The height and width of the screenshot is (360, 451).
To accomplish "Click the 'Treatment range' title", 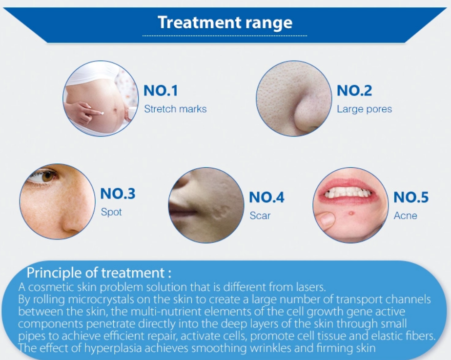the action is coord(225,23).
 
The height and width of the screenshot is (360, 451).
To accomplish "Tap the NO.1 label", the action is coord(161,91).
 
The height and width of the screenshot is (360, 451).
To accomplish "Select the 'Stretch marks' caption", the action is coord(175,109).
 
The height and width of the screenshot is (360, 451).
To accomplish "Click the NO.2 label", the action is coord(354,91).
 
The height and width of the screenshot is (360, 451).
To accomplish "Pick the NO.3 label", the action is coord(118,194).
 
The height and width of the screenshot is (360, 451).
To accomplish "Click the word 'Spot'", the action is coord(111,213).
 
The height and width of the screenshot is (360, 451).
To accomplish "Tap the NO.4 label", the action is coord(266,197).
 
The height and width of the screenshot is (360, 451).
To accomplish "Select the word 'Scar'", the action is coord(260,216).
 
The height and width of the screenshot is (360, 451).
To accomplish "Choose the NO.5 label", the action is coord(411,197).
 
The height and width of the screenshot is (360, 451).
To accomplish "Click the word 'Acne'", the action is coord(405,216).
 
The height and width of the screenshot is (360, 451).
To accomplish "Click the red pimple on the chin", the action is coord(351,213).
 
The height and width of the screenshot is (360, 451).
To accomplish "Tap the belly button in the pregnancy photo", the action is coord(117,110).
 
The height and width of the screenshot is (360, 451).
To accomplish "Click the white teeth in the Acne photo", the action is coord(348,192).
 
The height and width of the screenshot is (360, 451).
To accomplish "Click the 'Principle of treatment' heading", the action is coord(99,273).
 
